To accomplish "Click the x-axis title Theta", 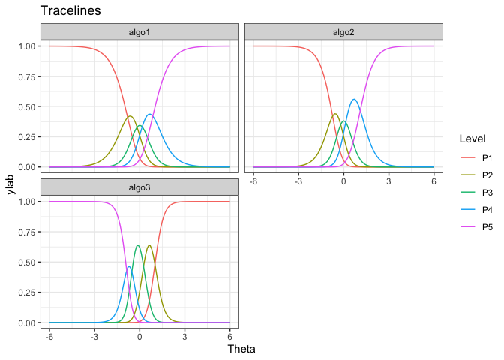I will (241, 349).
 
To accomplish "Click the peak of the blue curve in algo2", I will (353, 99).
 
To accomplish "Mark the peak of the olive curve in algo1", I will (130, 116).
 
